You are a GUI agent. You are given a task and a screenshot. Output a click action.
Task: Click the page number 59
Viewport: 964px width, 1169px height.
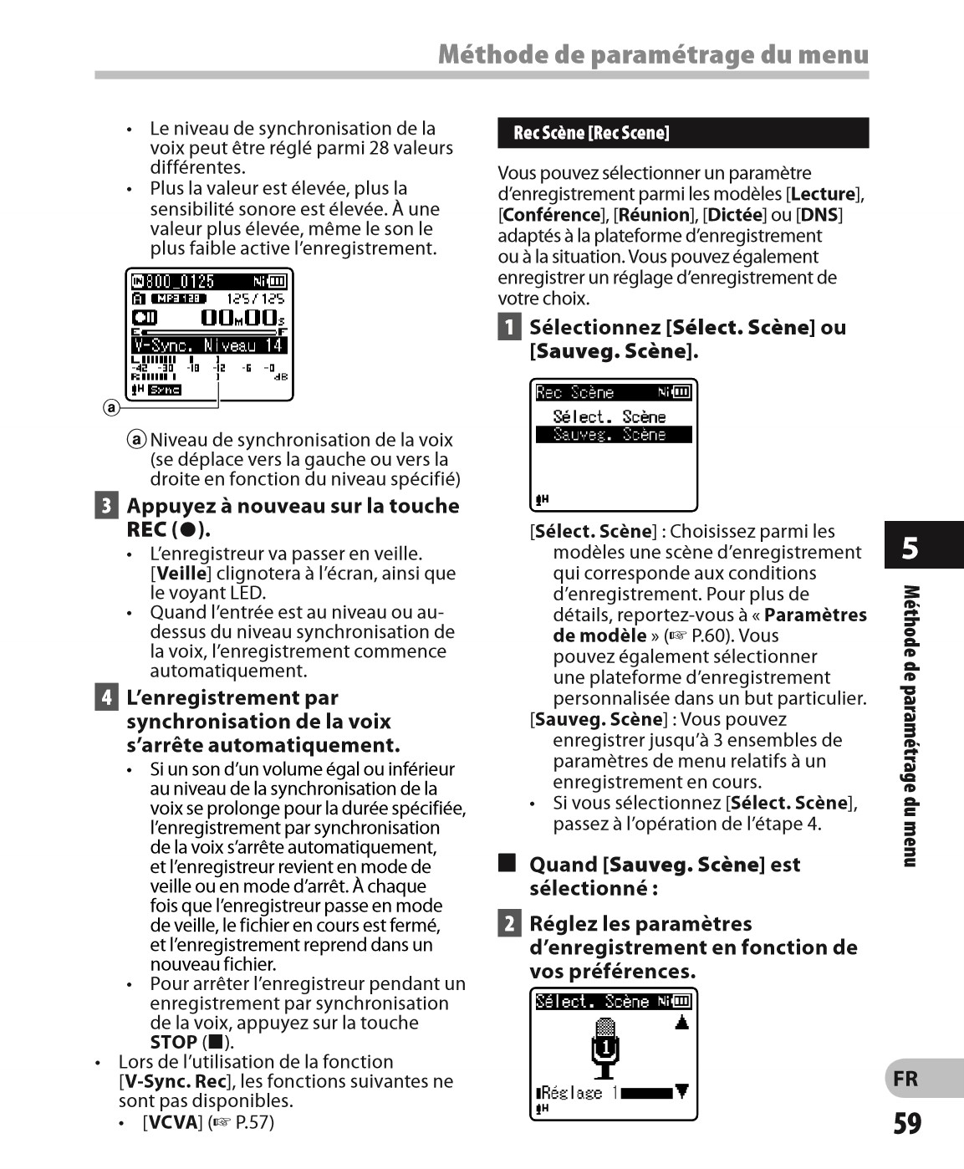tap(907, 1124)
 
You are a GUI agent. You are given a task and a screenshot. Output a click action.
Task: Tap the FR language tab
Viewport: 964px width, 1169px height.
tap(905, 1079)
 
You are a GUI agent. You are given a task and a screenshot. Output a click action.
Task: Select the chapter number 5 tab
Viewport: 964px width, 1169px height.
tap(910, 548)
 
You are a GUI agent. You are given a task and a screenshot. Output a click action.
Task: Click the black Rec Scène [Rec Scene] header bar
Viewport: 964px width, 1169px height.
tap(682, 133)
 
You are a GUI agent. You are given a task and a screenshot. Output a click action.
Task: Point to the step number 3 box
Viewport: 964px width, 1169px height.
tap(106, 506)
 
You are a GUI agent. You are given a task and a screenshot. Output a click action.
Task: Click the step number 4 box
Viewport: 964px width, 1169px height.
tap(106, 697)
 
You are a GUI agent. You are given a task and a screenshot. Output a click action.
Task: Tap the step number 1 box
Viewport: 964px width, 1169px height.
tap(508, 327)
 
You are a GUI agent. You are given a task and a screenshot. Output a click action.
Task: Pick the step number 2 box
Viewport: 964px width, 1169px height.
tap(508, 924)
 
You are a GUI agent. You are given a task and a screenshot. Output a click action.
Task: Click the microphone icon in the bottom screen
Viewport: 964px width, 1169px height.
tap(604, 1047)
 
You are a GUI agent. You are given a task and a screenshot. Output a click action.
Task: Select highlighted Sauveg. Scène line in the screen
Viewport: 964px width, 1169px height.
tap(613, 435)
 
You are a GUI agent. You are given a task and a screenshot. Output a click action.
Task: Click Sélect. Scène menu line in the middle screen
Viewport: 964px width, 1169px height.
tap(609, 416)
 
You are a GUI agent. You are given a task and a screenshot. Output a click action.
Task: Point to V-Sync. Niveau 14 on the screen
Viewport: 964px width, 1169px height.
tap(208, 345)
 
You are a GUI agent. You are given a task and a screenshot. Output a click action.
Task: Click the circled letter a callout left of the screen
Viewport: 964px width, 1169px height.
tap(111, 408)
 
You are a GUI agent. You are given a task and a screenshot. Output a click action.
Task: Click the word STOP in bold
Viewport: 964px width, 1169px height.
tap(173, 1043)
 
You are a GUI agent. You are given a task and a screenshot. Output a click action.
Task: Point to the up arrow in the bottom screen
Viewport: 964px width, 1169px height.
tap(682, 1022)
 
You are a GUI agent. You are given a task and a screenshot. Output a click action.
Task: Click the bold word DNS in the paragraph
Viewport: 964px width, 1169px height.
tap(819, 215)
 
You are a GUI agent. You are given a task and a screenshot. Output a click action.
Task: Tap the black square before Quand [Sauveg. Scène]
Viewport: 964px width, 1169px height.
tap(507, 863)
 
